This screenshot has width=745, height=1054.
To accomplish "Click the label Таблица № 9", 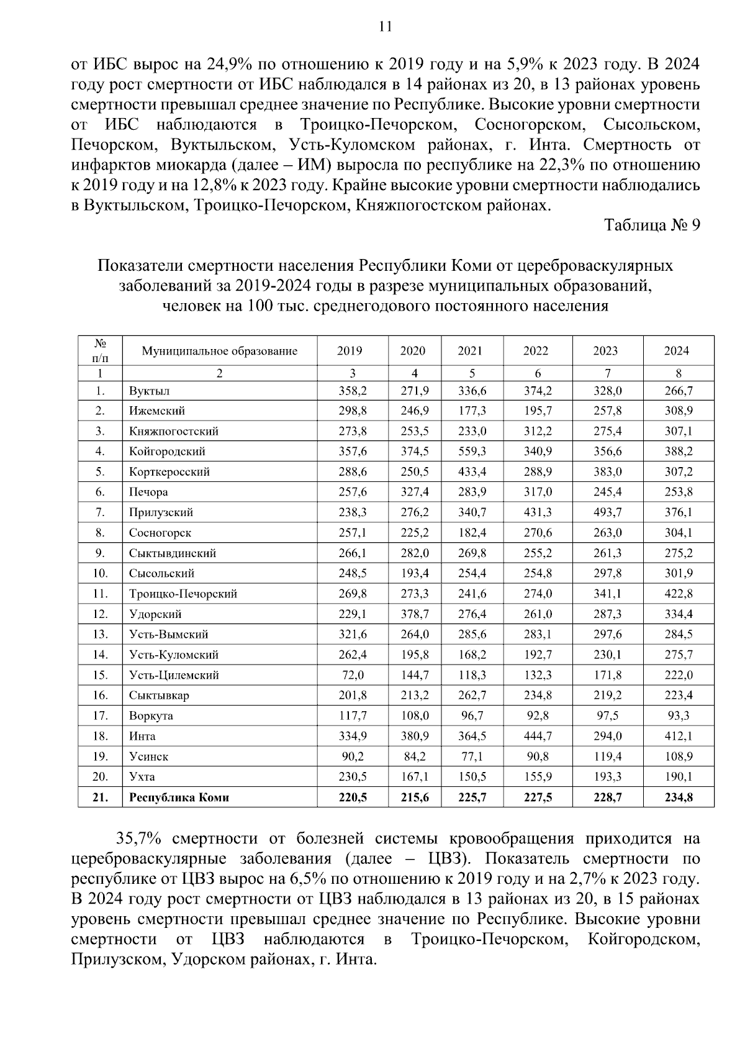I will pos(652,225).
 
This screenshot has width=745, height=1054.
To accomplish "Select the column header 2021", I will pos(470,351).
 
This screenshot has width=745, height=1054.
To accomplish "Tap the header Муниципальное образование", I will pos(219,351).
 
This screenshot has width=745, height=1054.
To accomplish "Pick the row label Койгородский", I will pos(167,452).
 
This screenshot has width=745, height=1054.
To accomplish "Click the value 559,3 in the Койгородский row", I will pos(472,452).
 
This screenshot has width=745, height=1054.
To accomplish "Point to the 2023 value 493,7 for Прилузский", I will pos(607,512).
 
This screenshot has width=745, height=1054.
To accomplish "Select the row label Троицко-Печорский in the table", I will pos(183,594).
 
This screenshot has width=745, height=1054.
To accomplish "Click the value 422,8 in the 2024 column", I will pos(678,594).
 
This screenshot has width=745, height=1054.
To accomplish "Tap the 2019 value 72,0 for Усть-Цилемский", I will pos(353,675).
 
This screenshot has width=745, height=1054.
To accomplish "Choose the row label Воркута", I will pos(151,716).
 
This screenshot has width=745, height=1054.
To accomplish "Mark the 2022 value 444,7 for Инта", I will pos(538,736).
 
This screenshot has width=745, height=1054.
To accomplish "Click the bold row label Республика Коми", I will pos(179,797).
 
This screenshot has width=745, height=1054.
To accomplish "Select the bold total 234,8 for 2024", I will pos(678,797).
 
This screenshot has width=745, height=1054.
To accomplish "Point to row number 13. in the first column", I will pos(100,634).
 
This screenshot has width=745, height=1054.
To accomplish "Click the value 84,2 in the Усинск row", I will pos(415,756).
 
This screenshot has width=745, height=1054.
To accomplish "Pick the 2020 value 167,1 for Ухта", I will pos(415,777).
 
